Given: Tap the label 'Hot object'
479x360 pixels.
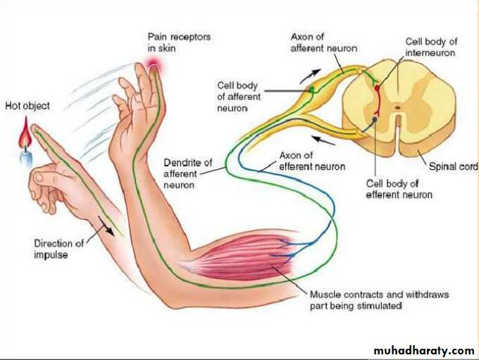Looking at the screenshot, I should [27, 106].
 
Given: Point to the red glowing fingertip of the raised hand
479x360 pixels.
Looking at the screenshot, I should [154, 66].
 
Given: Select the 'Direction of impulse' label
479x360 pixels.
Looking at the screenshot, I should [58, 249].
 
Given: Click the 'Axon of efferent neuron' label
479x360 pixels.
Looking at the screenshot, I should [313, 161].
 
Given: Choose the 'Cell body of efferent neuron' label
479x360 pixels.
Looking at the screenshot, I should [399, 188].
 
